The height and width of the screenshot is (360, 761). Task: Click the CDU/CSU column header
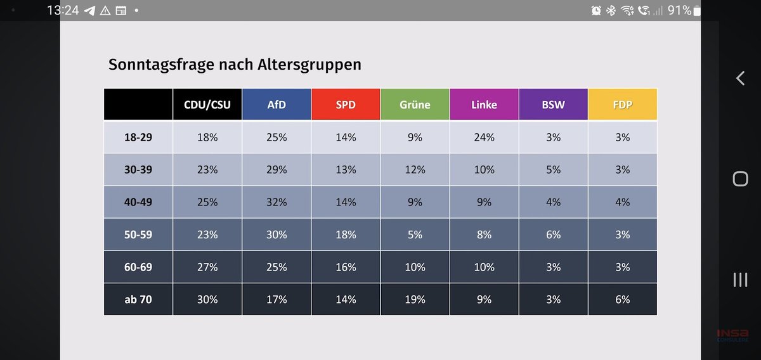207,105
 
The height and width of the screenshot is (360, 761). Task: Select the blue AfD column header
276,105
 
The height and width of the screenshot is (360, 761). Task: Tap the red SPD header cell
346,105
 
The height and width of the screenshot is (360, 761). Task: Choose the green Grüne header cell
415,105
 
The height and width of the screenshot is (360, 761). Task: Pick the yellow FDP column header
622,105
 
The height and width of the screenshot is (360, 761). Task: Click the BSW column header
553,105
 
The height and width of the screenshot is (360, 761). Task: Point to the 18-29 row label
138,137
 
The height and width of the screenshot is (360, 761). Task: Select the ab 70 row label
138,299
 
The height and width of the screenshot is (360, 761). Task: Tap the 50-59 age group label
138,235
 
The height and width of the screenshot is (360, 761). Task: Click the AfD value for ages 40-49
276,202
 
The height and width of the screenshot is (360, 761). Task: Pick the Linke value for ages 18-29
484,137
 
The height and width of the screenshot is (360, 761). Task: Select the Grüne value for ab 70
415,299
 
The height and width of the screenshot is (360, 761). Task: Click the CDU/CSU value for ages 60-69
207,267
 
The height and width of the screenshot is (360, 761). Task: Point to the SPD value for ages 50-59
346,235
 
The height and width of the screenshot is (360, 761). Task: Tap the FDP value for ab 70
622,299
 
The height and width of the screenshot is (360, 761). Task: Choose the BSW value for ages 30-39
553,169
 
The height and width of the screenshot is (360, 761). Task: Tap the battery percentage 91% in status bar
679,10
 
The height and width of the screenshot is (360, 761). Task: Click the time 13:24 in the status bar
63,10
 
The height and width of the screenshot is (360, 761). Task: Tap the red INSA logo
732,334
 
